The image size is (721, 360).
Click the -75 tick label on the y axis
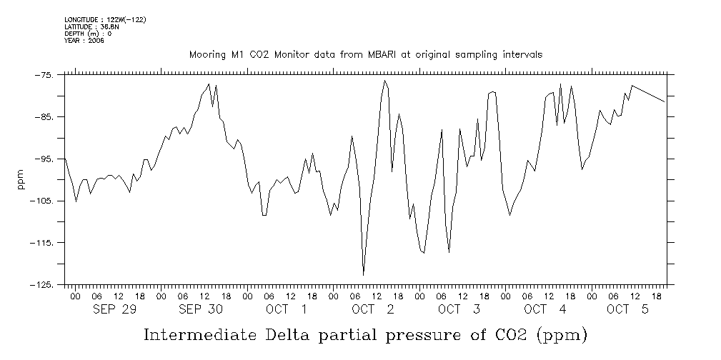point(42,74)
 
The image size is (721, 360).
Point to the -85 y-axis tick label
point(42,116)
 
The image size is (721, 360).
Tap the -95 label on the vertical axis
point(42,159)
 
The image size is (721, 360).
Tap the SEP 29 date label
point(114,309)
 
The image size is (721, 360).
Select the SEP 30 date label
point(201,309)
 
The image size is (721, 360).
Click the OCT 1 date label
point(287,309)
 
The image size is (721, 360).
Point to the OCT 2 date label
point(373,309)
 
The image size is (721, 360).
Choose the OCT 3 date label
point(459,309)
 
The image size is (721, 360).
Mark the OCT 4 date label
point(545,309)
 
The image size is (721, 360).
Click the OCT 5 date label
point(627,309)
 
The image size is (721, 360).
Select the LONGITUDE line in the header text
point(105,19)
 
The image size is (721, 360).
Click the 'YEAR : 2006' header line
point(84,41)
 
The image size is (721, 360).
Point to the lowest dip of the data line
point(364,274)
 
